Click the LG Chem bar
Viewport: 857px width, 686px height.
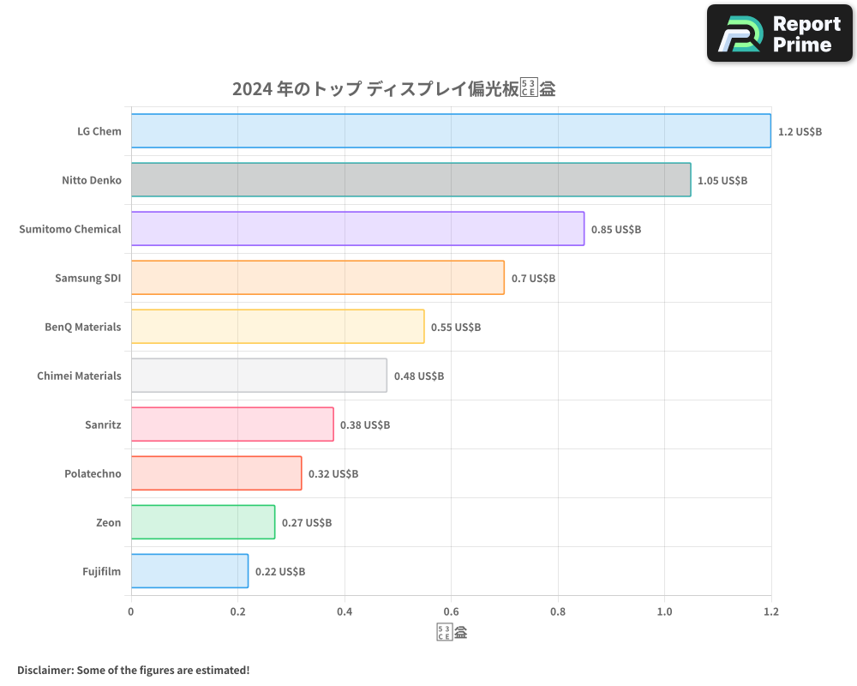point(451,130)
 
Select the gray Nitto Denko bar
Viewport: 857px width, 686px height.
point(411,179)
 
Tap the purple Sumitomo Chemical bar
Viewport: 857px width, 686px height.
point(357,228)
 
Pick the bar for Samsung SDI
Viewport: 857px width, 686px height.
point(317,277)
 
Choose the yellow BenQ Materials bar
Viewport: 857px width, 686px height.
point(278,326)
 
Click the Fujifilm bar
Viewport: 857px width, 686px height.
point(189,571)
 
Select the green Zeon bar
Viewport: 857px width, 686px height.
point(203,522)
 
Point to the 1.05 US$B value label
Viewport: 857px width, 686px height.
point(722,180)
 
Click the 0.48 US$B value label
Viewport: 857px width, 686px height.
point(418,376)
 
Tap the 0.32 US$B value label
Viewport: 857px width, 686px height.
point(333,473)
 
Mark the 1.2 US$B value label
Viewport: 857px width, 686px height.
point(800,131)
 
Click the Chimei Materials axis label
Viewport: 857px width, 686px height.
point(79,376)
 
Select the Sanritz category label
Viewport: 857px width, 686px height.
point(103,424)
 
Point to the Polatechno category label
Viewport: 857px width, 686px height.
point(93,473)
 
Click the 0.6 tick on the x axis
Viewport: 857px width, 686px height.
point(451,611)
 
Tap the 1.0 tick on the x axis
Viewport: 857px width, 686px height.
point(664,611)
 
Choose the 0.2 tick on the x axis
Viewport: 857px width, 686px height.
point(237,611)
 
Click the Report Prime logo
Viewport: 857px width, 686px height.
point(780,33)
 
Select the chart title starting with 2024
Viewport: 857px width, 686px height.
point(393,88)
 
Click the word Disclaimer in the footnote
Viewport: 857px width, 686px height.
point(45,670)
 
